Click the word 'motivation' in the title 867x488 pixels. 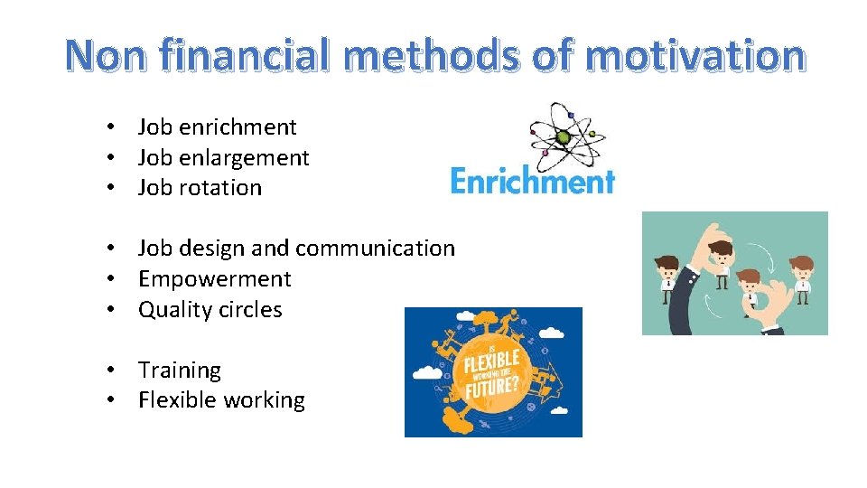click(695, 55)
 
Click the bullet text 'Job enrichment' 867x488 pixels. click(217, 127)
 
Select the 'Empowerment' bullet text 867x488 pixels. click(215, 279)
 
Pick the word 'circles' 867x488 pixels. click(249, 310)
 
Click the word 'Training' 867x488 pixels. click(179, 371)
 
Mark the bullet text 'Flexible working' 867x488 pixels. click(221, 400)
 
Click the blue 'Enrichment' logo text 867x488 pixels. click(532, 181)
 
